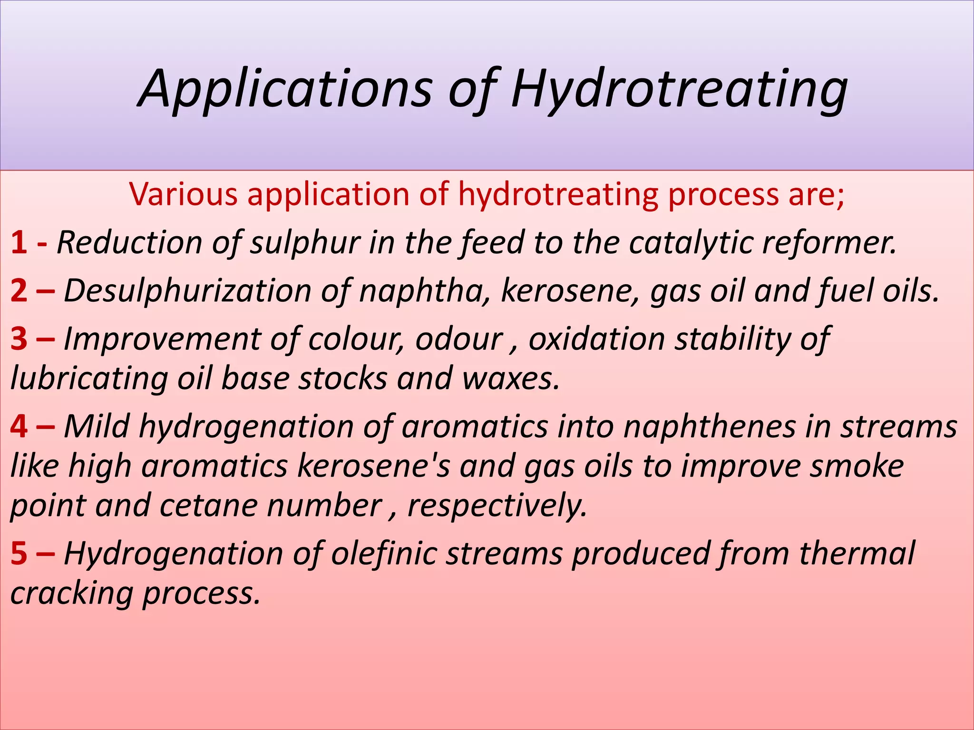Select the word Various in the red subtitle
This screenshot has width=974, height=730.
(183, 194)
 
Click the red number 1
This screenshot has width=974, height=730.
(19, 242)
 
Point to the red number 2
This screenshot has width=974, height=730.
(19, 290)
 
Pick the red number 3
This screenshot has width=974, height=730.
(19, 339)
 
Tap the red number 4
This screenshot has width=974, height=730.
(19, 426)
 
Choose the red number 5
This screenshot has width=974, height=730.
(19, 553)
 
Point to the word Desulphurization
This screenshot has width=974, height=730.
(187, 290)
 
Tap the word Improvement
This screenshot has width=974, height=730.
(162, 339)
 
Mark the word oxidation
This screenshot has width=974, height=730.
(596, 339)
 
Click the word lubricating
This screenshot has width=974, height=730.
(88, 378)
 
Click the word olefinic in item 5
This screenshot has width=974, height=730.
(383, 553)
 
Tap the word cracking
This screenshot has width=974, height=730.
(71, 593)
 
